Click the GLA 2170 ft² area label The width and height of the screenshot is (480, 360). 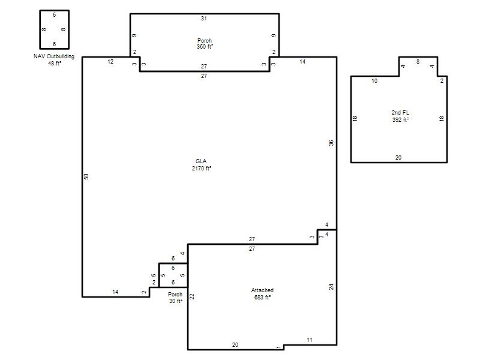[202, 164]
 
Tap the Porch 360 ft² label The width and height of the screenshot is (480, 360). [205, 43]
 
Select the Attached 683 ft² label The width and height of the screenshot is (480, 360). [262, 293]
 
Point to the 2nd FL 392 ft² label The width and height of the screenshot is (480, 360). [400, 116]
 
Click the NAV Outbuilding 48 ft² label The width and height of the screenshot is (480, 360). [54, 59]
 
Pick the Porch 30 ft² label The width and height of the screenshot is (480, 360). [175, 298]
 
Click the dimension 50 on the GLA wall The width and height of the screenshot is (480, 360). [86, 176]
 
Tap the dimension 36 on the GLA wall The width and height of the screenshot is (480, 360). [331, 143]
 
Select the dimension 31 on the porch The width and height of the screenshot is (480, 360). [204, 19]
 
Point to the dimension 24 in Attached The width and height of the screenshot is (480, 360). [331, 287]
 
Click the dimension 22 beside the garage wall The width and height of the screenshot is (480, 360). [192, 296]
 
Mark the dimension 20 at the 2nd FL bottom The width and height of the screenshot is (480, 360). [398, 157]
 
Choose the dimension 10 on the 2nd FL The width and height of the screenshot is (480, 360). [374, 81]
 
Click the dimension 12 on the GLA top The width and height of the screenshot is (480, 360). [110, 62]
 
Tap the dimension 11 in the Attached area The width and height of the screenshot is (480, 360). [310, 340]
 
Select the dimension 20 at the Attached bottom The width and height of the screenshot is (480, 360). [235, 344]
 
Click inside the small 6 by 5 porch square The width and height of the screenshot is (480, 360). [173, 275]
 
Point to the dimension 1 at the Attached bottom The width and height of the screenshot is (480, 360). [278, 347]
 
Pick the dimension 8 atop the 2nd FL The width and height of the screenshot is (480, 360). [418, 62]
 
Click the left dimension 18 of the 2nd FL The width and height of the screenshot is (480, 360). [355, 118]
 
